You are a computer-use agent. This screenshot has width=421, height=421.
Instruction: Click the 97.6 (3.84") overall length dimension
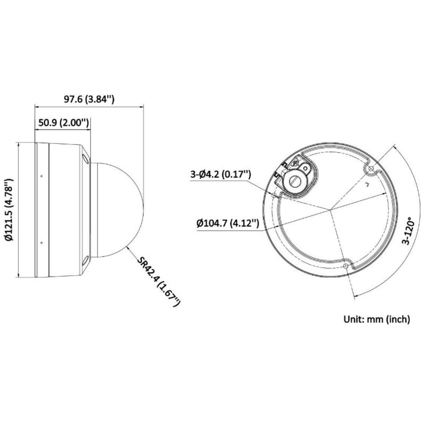point(89,99)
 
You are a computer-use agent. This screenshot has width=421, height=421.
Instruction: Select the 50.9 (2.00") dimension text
point(63,122)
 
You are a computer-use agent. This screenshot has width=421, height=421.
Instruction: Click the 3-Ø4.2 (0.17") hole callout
point(220,174)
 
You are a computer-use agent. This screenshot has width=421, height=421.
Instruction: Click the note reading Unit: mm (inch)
point(376,319)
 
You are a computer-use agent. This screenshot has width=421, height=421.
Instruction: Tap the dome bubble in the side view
point(118,210)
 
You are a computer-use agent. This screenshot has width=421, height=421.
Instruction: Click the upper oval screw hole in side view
point(86,160)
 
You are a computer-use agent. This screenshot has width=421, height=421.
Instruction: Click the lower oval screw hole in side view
point(86,260)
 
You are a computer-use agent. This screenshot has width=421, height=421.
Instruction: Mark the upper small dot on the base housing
point(42,176)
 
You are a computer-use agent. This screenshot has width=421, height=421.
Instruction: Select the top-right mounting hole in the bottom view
point(370,170)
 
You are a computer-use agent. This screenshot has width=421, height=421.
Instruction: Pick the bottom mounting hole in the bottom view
point(345,265)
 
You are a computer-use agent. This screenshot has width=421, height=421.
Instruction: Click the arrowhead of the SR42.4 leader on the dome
point(128,247)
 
